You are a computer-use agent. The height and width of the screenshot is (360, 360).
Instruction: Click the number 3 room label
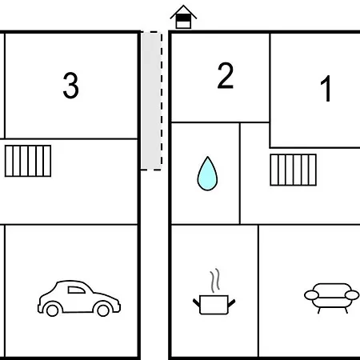[70, 86]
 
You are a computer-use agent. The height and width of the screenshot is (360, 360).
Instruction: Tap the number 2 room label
[226, 75]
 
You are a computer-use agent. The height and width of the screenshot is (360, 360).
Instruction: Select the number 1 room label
[326, 88]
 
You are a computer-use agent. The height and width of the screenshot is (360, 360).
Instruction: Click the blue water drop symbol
[207, 174]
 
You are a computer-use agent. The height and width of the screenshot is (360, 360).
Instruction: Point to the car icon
[79, 298]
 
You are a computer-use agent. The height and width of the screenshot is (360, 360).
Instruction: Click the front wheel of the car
[103, 310]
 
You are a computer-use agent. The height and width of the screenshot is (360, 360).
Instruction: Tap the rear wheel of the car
[52, 310]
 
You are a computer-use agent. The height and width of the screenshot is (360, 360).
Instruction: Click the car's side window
[76, 290]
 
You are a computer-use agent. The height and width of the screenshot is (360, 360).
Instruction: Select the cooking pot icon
[214, 292]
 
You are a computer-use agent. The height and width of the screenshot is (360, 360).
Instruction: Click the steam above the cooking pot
[215, 280]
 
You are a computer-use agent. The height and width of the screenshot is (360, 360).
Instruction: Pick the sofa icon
[332, 298]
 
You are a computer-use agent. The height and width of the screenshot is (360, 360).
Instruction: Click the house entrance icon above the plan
[183, 17]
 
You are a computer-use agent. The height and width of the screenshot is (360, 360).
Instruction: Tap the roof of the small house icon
[183, 10]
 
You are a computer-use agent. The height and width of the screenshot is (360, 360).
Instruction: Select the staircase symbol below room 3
[28, 161]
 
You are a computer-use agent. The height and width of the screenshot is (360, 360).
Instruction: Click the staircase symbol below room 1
[294, 170]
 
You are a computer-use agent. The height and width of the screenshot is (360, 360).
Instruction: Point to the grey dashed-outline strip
[151, 101]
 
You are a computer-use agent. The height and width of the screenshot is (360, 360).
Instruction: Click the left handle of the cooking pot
[197, 302]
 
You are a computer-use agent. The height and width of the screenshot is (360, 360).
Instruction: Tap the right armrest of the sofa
[352, 295]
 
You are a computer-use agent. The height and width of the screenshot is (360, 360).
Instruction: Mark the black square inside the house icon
[183, 18]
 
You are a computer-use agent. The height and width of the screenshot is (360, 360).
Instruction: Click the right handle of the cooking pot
[231, 303]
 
